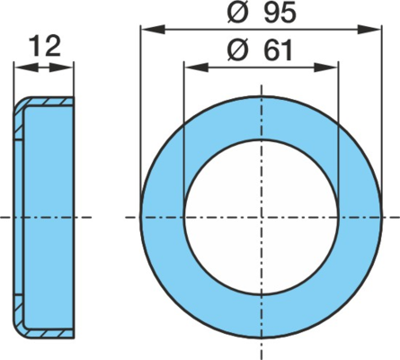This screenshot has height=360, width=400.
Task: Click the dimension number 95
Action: click(280, 13)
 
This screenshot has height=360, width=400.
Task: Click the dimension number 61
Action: click(278, 50)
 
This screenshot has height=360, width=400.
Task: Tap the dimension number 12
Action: click(46, 46)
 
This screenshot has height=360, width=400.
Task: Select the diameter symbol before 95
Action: click(238, 13)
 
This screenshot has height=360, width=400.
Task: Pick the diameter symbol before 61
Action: click(238, 50)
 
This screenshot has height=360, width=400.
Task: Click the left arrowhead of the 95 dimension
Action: click(153, 30)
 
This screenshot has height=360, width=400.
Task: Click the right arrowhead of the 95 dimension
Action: click(369, 30)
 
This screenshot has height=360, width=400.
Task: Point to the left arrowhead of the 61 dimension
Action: click(196, 67)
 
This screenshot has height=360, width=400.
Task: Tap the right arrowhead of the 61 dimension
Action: click(325, 67)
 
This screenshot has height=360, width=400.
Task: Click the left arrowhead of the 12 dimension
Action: click(26, 67)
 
